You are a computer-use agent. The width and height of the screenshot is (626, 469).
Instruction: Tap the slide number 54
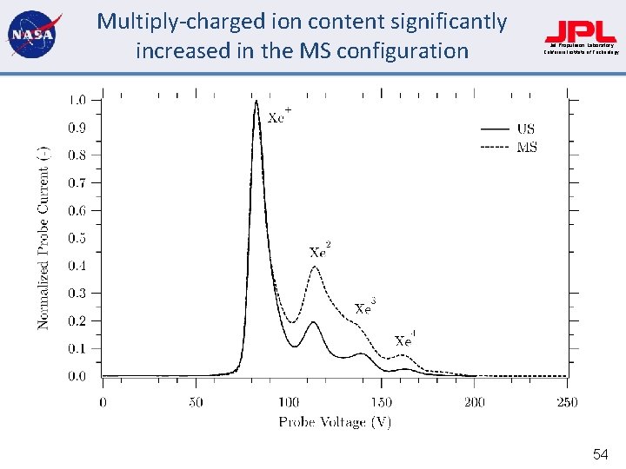(600, 453)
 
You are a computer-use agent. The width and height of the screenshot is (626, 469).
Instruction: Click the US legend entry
(526, 129)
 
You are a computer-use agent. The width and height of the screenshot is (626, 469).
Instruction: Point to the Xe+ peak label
(279, 116)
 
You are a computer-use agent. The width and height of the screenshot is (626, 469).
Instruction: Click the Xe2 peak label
(320, 251)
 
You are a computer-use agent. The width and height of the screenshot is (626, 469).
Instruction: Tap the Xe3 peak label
(365, 307)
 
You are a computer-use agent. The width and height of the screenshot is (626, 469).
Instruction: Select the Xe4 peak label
(404, 340)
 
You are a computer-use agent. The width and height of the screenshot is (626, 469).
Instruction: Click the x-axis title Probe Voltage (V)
(335, 422)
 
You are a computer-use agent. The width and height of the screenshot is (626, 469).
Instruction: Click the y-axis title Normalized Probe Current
(43, 237)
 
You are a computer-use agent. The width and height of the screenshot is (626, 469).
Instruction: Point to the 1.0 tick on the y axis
(77, 100)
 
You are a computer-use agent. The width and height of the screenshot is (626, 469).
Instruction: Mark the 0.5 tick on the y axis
(77, 238)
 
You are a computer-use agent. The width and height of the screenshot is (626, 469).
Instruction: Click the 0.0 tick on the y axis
(77, 376)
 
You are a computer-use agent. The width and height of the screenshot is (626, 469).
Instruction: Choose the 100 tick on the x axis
(289, 402)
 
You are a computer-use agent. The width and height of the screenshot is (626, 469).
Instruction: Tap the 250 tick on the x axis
(566, 402)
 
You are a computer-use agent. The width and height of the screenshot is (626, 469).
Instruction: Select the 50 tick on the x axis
(196, 402)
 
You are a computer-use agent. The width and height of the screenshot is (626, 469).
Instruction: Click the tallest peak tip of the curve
(256, 102)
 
